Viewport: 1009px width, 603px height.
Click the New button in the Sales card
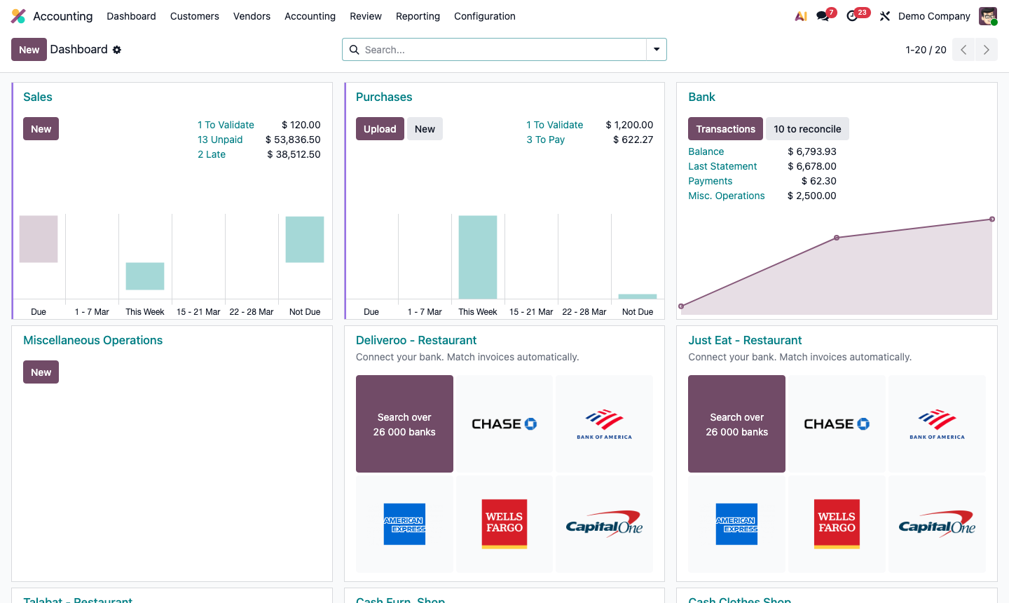[x=41, y=129]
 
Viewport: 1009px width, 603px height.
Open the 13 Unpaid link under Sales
[x=220, y=140]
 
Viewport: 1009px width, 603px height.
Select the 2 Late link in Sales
[x=212, y=154]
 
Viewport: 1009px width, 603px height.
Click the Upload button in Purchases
[x=380, y=129]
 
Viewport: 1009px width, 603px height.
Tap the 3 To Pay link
[x=546, y=140]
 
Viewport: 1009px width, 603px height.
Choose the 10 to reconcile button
[x=807, y=129]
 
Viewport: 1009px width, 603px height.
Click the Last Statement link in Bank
[x=722, y=166]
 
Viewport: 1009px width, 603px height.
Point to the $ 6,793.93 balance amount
[x=811, y=151]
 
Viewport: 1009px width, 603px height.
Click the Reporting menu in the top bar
[x=418, y=16]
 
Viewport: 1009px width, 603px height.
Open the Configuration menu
[x=484, y=16]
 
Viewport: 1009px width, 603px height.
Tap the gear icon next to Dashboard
[x=117, y=50]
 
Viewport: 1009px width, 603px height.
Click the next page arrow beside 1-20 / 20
[x=986, y=50]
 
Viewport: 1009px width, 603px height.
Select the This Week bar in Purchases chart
[x=478, y=257]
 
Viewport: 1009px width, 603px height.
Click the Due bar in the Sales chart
[x=39, y=239]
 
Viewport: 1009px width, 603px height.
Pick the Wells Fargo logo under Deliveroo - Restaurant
[x=504, y=524]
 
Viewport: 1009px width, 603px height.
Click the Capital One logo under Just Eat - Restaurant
[x=937, y=524]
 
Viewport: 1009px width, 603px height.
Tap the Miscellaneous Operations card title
[x=92, y=340]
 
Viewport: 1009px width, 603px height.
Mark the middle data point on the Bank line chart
[x=837, y=238]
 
